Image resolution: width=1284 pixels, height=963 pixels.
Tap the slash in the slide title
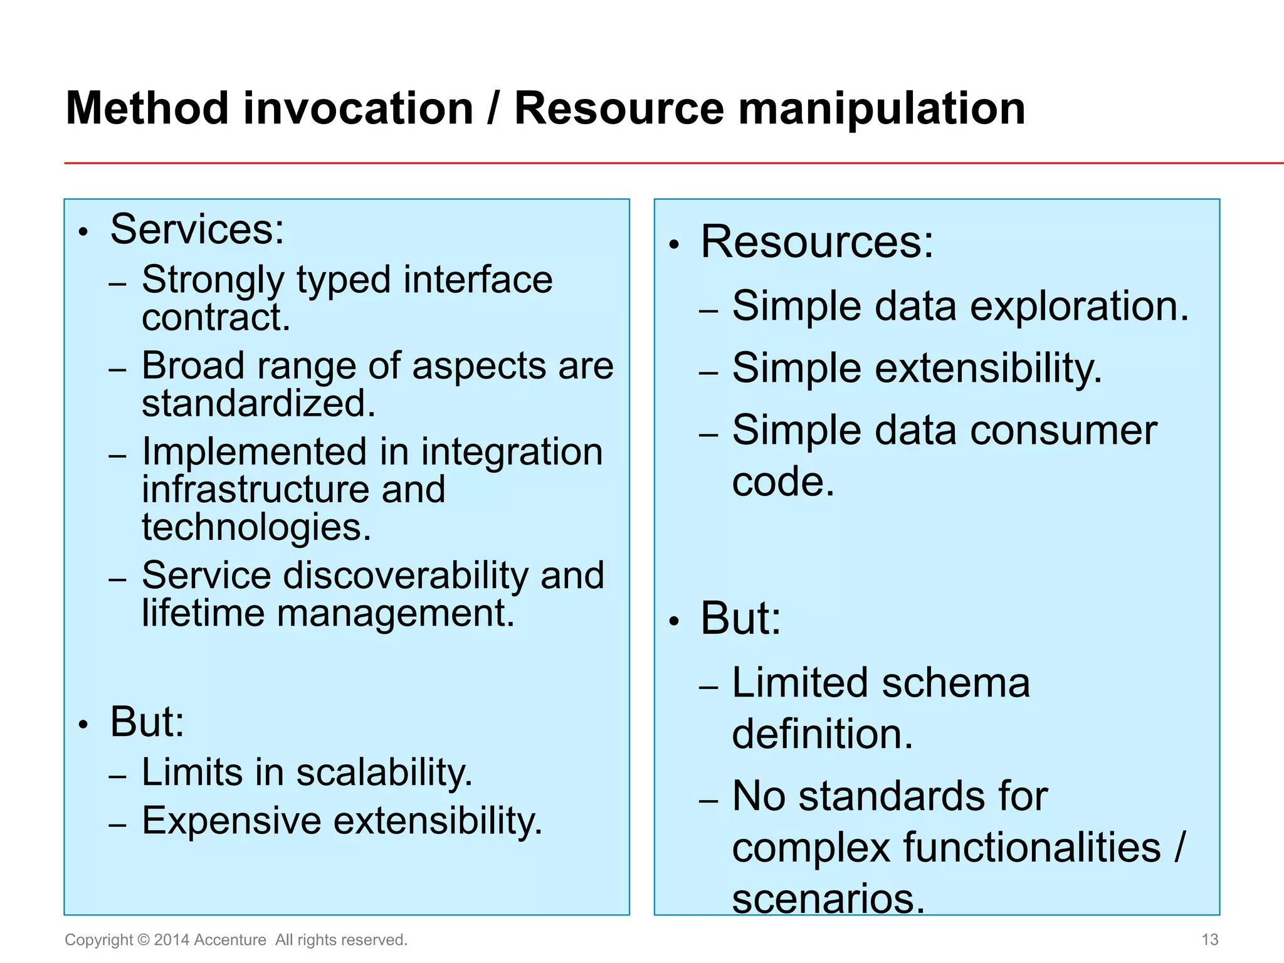click(493, 109)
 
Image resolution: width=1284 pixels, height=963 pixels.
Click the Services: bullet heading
click(197, 229)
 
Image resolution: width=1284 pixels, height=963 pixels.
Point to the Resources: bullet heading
click(817, 242)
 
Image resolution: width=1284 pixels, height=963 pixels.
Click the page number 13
click(1209, 939)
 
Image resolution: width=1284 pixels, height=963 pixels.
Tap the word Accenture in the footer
click(230, 940)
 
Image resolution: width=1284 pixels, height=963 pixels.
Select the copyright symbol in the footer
click(144, 940)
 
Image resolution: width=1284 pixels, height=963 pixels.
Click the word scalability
click(383, 772)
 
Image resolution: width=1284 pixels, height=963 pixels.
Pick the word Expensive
click(231, 821)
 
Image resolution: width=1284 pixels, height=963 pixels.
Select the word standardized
click(258, 404)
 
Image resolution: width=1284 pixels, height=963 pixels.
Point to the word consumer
click(1063, 431)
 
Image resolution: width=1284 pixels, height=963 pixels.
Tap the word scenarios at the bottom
click(828, 898)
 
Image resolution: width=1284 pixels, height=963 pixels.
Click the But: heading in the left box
click(147, 722)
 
